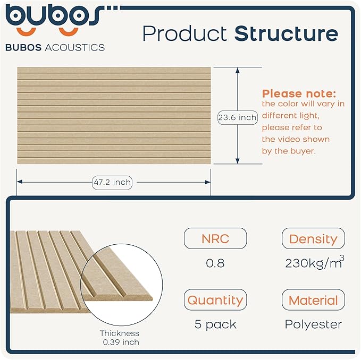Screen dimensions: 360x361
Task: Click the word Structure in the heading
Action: click(x=286, y=33)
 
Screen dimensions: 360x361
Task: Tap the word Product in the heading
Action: click(x=184, y=33)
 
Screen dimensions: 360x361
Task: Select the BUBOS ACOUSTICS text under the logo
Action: click(x=55, y=47)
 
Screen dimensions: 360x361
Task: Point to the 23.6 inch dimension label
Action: click(x=237, y=117)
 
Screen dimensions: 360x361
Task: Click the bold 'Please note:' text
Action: click(x=299, y=93)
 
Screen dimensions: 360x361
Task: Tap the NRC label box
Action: click(x=215, y=238)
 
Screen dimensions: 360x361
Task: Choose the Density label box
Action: click(x=313, y=239)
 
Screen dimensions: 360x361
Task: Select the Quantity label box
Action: click(x=215, y=300)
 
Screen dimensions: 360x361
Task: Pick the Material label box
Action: click(x=313, y=301)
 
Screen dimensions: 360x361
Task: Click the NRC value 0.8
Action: click(x=215, y=263)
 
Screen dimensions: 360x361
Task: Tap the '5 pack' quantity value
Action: click(x=215, y=324)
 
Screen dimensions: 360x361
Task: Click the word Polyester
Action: click(x=313, y=324)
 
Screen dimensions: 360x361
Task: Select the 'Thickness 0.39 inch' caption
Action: click(x=120, y=338)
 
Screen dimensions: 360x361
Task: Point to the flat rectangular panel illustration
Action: click(x=114, y=115)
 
